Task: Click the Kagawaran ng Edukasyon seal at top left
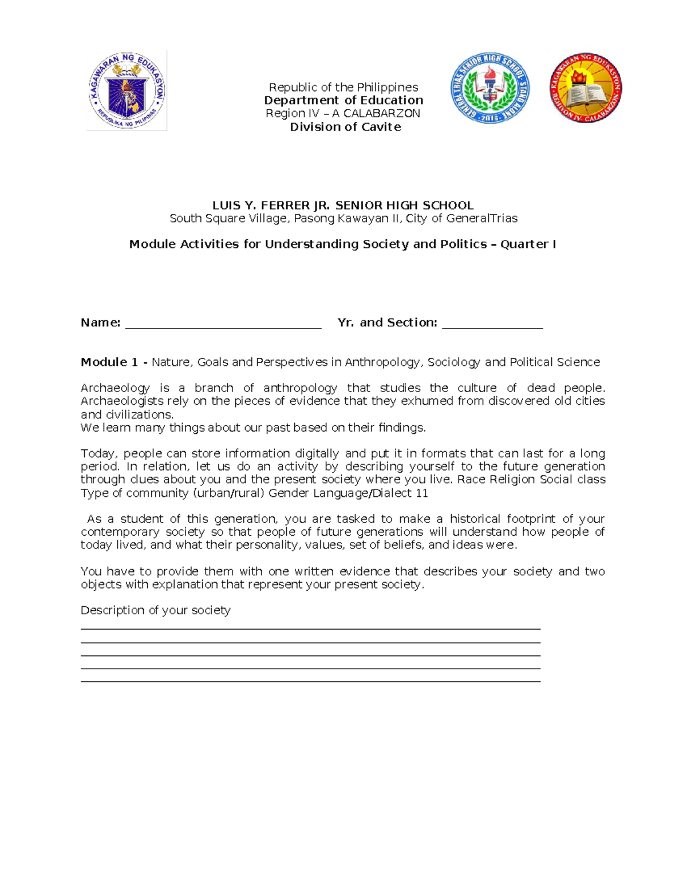(x=127, y=90)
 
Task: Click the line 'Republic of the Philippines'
(x=343, y=87)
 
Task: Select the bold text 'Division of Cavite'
(x=345, y=127)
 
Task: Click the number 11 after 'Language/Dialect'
(x=422, y=493)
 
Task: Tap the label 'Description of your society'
(x=155, y=610)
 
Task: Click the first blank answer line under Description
(x=310, y=629)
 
